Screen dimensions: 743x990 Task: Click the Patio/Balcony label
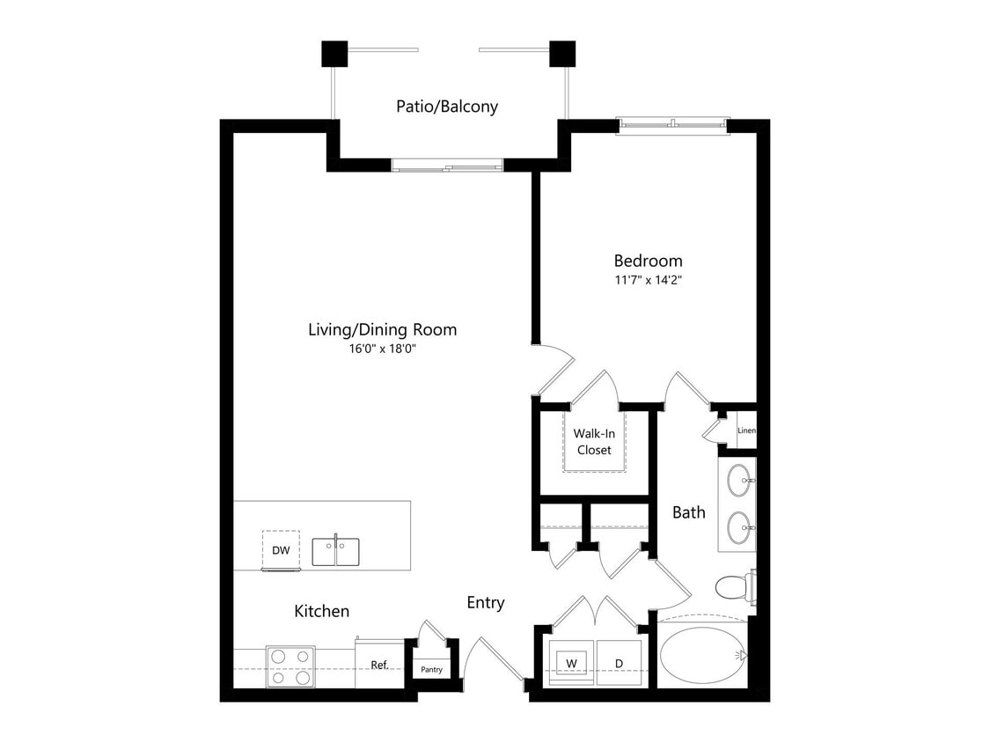[447, 107]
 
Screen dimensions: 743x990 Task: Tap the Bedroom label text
[648, 261]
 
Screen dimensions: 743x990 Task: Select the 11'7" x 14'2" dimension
[648, 280]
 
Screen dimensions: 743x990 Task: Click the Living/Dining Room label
[382, 330]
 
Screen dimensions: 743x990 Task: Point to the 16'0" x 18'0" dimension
[382, 349]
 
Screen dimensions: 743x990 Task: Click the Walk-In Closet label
[593, 442]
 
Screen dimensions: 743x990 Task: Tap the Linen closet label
[746, 430]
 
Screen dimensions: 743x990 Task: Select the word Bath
[689, 512]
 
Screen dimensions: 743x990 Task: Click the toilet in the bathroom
[733, 586]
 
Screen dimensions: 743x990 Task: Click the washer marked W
[571, 661]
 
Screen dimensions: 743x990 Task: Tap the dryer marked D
[620, 661]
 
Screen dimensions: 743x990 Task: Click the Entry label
[486, 602]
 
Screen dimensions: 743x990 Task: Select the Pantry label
[431, 670]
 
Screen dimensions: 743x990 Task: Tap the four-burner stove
[290, 666]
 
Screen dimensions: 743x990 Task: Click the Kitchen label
[322, 611]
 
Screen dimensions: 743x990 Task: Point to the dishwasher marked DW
[280, 551]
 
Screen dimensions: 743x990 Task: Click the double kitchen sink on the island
[335, 552]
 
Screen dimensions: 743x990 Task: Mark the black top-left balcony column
[334, 55]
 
